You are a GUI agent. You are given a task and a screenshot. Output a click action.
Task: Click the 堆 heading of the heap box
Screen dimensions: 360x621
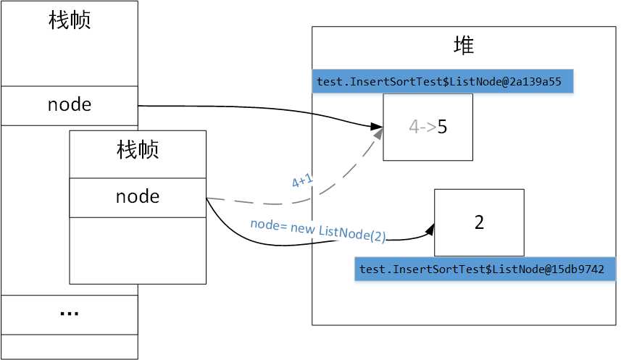[x=464, y=47]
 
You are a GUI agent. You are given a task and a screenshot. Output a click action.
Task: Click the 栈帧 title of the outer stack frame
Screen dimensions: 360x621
[x=70, y=20]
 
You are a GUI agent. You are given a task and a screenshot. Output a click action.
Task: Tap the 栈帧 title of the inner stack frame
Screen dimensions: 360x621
[x=138, y=150]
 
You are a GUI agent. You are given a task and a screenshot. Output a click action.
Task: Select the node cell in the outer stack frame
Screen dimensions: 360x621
[x=70, y=105]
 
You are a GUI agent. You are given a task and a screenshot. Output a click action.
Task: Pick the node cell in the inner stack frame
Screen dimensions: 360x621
[x=138, y=197]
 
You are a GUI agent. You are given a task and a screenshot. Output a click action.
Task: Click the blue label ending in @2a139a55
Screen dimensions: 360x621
[x=443, y=82]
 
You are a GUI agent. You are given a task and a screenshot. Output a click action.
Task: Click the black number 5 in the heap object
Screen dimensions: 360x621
[x=442, y=127]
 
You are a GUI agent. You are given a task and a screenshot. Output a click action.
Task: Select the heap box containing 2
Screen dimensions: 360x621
[x=479, y=222]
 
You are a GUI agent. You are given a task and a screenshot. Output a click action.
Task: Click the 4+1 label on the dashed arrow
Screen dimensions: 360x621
[x=302, y=181]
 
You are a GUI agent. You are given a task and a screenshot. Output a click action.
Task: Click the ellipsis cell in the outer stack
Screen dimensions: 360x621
[x=70, y=314]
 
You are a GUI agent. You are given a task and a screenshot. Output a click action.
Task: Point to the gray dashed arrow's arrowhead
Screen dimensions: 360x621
[x=378, y=135]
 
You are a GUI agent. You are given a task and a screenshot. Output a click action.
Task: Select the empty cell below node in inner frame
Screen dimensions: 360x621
[x=138, y=250]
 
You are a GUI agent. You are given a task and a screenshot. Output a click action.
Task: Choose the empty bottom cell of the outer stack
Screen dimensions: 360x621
[x=70, y=346]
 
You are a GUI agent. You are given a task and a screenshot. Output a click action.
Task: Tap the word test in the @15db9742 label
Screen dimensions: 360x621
[x=372, y=269]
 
